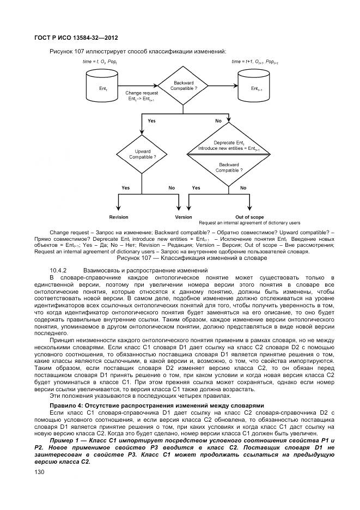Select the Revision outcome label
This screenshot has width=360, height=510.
pyautogui.click(x=119, y=217)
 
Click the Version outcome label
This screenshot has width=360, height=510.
pyautogui.click(x=184, y=217)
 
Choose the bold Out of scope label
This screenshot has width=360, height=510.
pyautogui.click(x=249, y=217)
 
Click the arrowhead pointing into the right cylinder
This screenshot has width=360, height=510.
pyautogui.click(x=235, y=86)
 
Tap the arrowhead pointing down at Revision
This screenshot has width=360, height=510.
pyautogui.click(x=119, y=209)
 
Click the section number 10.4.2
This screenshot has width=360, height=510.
pyautogui.click(x=58, y=270)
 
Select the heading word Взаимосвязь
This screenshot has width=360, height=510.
pyautogui.click(x=103, y=270)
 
